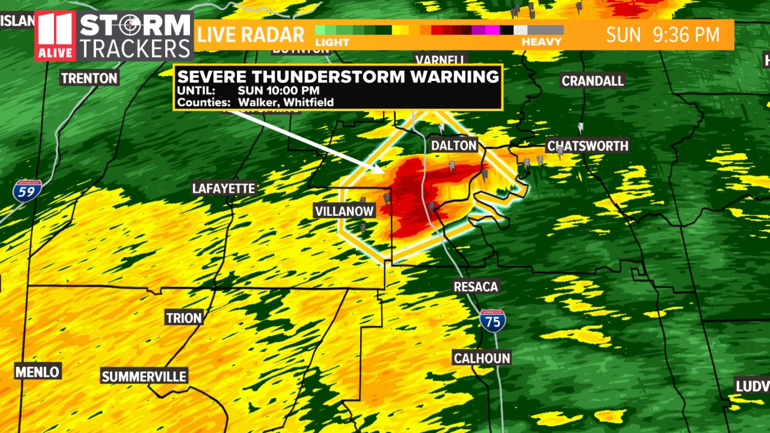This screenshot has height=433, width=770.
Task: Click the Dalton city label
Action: [454, 145]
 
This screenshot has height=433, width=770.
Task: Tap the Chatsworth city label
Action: [588, 146]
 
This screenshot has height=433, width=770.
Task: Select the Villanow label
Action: [344, 211]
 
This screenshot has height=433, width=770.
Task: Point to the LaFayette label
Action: [223, 188]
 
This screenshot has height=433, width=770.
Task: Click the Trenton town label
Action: [89, 78]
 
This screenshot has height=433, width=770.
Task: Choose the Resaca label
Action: [476, 287]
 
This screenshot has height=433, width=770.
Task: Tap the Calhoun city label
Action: [482, 358]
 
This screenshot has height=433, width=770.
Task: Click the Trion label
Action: [184, 318]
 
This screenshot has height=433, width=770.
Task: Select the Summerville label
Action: [144, 376]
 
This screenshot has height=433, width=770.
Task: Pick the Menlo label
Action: [37, 372]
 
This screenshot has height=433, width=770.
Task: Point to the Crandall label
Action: [592, 81]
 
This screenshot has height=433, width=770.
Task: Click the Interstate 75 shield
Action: [492, 321]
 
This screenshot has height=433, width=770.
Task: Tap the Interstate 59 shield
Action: [27, 191]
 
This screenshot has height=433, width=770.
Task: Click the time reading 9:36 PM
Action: [686, 35]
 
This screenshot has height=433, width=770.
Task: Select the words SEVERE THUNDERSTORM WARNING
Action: [338, 76]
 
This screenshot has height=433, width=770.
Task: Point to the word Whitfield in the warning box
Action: [308, 102]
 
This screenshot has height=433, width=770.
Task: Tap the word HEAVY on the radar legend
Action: [541, 42]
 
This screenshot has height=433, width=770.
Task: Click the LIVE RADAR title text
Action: [251, 35]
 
